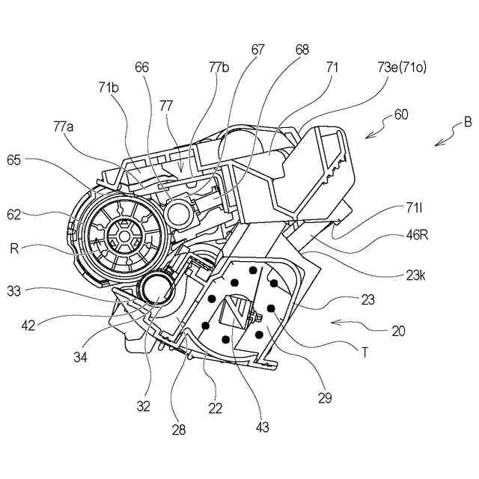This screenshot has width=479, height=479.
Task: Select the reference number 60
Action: pyautogui.click(x=401, y=115)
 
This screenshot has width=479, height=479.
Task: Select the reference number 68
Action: pyautogui.click(x=281, y=50)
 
